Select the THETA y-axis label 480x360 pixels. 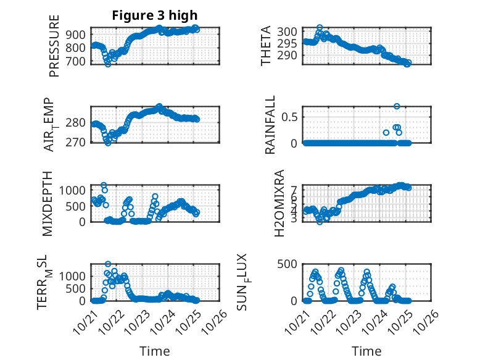[266, 46]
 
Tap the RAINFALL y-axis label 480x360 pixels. [271, 125]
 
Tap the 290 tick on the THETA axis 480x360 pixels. [290, 56]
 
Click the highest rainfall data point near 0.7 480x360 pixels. [397, 106]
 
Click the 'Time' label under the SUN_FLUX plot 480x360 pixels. [366, 351]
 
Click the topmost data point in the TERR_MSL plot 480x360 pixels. [108, 264]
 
